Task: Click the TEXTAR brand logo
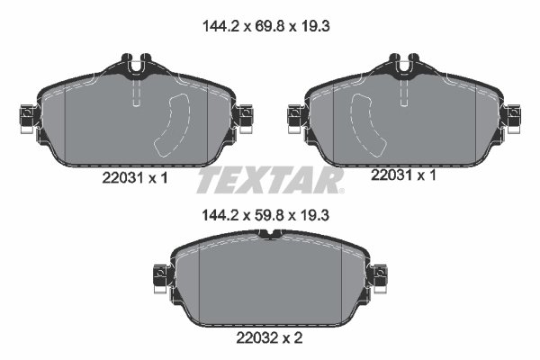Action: (270, 180)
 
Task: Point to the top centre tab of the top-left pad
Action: (135, 66)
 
